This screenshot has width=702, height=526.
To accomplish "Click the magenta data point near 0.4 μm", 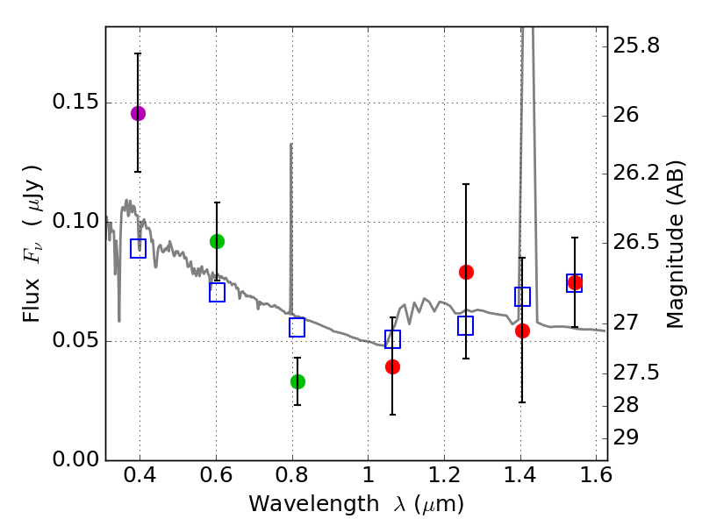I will [138, 113].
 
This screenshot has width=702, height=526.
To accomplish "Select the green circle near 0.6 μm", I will [217, 241].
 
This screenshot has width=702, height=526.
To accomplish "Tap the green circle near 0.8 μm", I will [297, 381].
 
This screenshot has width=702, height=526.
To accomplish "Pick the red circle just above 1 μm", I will [392, 366].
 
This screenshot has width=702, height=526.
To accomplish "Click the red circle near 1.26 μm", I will [466, 272].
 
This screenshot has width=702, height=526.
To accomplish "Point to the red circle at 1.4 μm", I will [522, 331].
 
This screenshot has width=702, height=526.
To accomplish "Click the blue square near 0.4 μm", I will [138, 248].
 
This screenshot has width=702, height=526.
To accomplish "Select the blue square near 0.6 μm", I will [217, 293].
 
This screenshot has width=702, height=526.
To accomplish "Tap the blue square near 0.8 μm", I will [297, 327].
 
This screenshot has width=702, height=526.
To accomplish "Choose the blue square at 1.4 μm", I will [522, 296].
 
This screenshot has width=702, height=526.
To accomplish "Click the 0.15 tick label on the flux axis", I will [75, 102].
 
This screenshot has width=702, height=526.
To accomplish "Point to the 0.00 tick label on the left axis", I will [75, 459].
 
